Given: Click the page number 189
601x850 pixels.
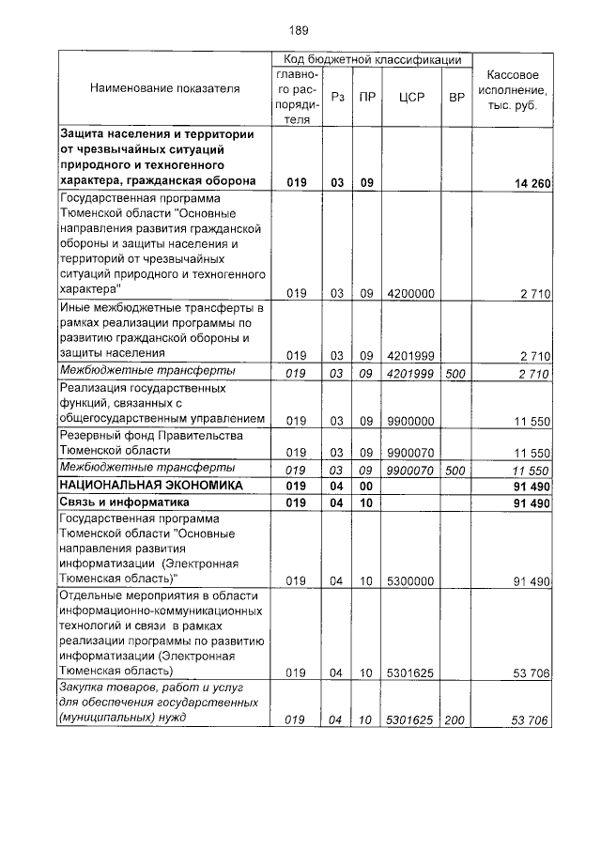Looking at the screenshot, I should (300, 30).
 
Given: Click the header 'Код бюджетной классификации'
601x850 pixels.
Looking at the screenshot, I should (373, 59).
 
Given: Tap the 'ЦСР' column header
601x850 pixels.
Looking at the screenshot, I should (411, 97).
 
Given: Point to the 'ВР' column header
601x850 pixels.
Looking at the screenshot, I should (457, 97).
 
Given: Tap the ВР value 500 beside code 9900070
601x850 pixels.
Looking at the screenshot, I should (455, 469).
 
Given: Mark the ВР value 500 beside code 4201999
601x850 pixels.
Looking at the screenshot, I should (455, 372).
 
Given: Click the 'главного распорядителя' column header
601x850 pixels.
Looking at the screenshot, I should (298, 97).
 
